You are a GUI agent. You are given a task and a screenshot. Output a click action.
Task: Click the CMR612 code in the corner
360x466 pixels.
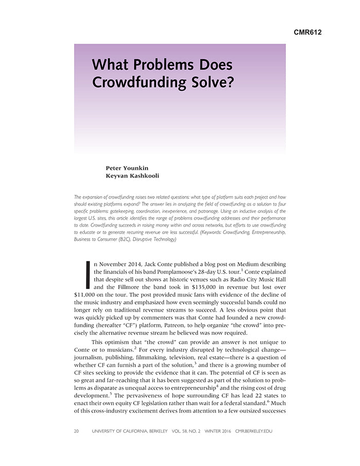tap(308, 32)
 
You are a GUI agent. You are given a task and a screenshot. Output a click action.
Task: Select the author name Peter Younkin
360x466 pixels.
tap(127, 168)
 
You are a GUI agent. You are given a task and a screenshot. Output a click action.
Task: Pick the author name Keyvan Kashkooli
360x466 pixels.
tap(132, 176)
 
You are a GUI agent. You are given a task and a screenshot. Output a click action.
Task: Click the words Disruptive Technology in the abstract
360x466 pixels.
tap(152, 240)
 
